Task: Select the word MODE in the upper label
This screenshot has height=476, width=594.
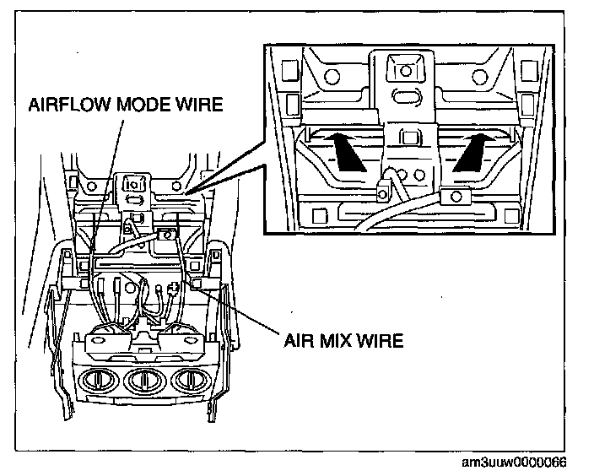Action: point(147,105)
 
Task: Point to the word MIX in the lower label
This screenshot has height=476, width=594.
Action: point(339,341)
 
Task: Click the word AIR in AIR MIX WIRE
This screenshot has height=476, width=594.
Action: point(302,341)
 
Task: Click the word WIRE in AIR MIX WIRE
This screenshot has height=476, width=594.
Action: point(381,341)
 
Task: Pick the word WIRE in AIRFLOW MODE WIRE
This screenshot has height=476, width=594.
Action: point(202,105)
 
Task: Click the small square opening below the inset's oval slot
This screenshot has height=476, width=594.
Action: point(410,136)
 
